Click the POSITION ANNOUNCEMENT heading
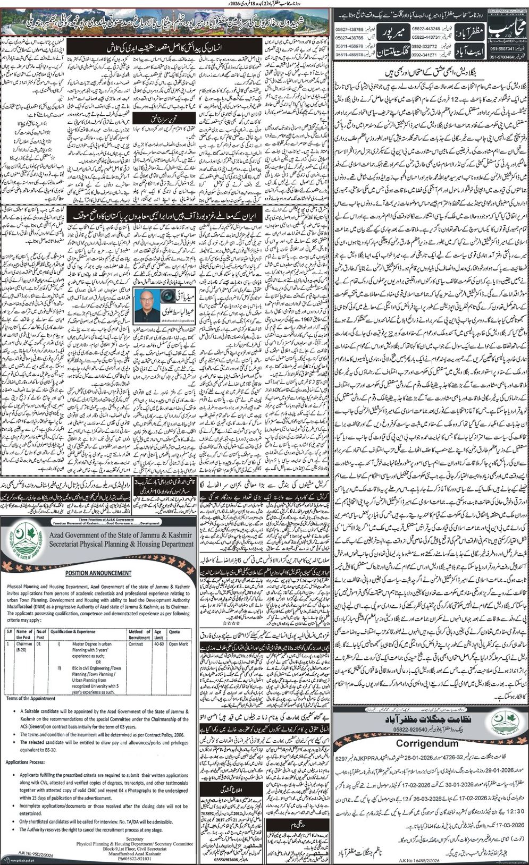pos(98,573)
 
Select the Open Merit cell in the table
pos(178,643)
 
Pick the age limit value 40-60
pos(158,643)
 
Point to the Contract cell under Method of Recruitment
pos(136,643)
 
